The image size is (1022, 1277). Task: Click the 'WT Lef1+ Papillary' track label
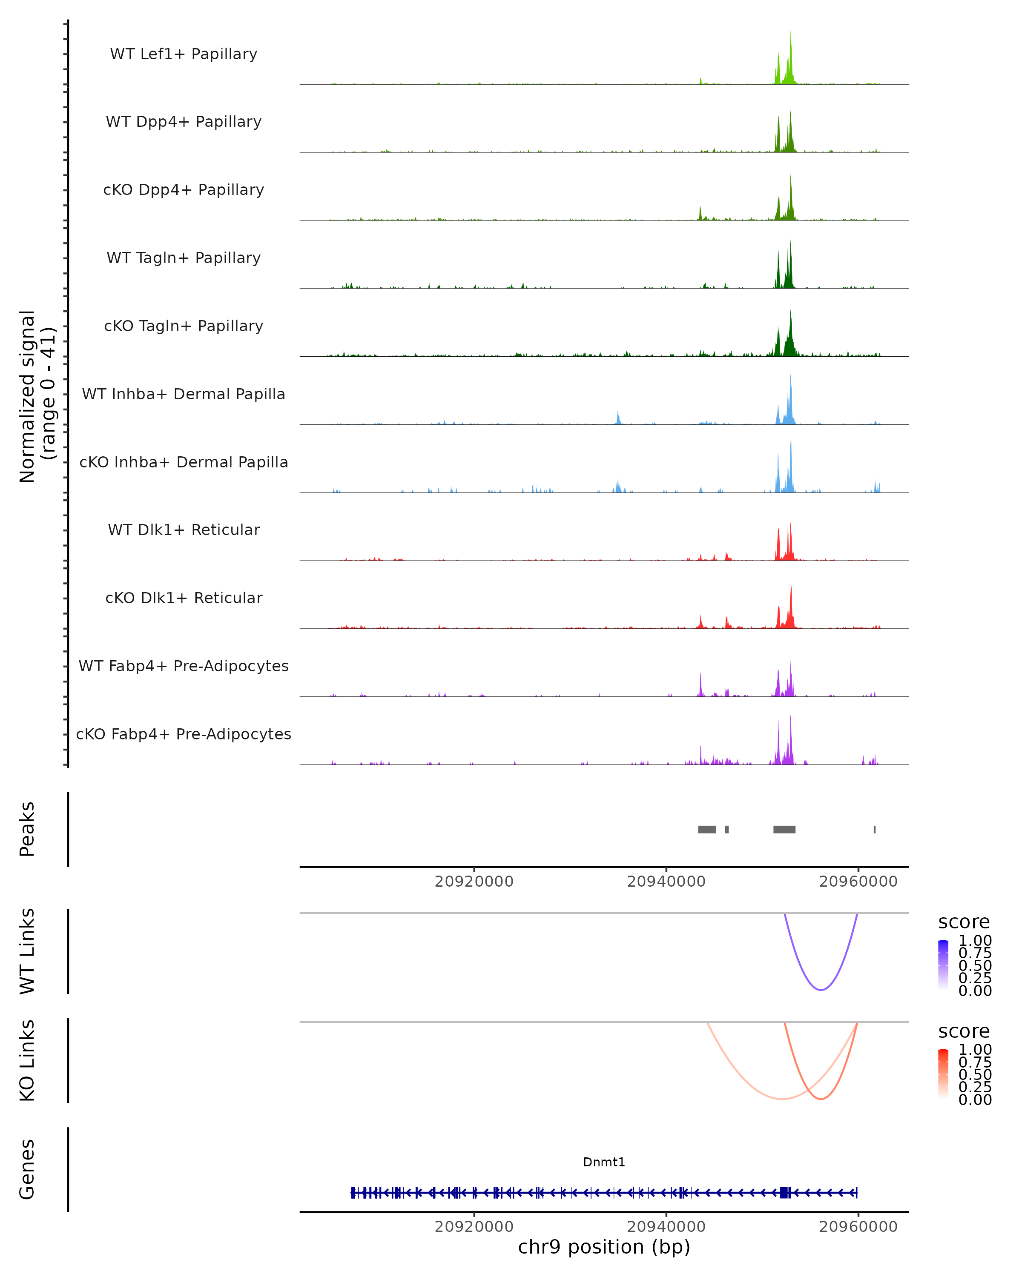tap(184, 54)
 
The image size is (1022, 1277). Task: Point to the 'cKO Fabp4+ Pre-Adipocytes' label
tap(184, 734)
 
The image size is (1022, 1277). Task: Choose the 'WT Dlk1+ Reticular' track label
tap(184, 530)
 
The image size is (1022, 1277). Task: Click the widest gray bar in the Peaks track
tap(784, 829)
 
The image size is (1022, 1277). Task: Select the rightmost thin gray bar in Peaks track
tap(875, 829)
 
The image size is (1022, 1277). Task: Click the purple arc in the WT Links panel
tap(821, 990)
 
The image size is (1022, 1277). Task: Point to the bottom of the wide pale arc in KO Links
tap(782, 1099)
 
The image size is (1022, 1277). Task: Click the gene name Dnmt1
tap(604, 1162)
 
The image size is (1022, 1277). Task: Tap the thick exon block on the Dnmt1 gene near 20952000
tap(784, 1193)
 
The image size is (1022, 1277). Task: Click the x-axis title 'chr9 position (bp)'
tap(604, 1247)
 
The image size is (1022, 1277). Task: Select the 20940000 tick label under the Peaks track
tap(666, 882)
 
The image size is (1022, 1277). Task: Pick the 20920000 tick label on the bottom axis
tap(474, 1227)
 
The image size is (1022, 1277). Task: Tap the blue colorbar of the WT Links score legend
tap(943, 964)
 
